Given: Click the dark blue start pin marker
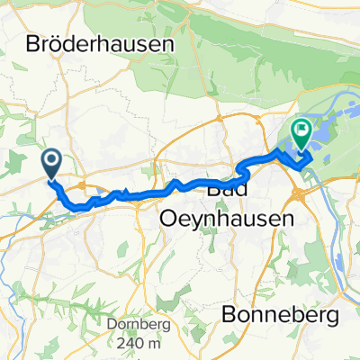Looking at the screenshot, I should (x=51, y=163).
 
